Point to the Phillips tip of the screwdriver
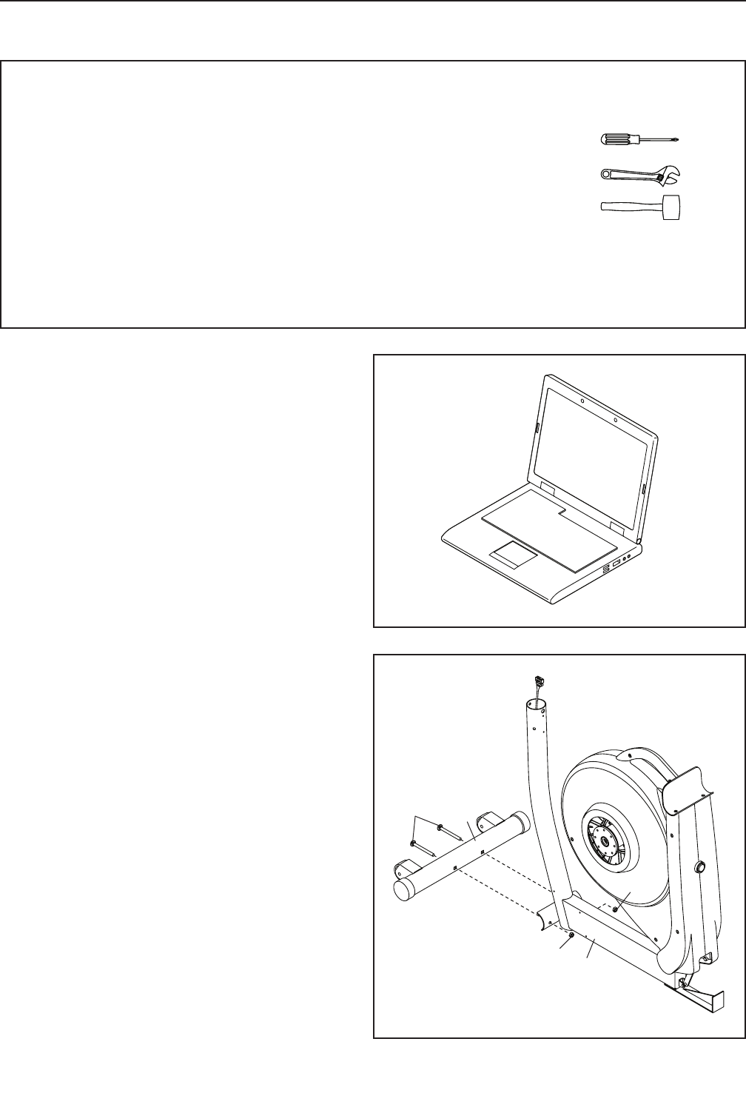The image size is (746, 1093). coord(676,139)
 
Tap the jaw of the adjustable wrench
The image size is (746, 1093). coord(671,174)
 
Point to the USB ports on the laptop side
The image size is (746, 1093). coord(606,569)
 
